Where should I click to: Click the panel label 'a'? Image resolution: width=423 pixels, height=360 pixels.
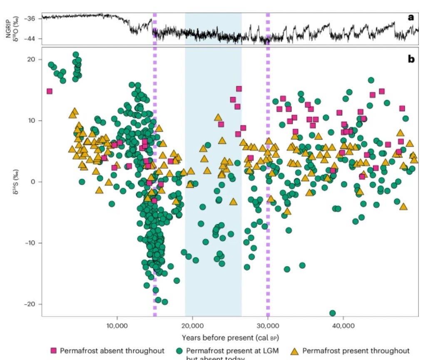click(x=411, y=17)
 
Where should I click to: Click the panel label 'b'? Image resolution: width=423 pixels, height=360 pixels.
click(x=411, y=59)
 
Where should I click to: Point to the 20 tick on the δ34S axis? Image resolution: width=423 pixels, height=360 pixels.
click(x=32, y=60)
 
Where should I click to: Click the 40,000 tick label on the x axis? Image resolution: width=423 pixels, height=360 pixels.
click(x=343, y=325)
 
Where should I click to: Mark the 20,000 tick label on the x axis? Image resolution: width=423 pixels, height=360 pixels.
click(x=192, y=325)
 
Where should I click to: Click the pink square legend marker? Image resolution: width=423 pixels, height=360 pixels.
click(x=53, y=350)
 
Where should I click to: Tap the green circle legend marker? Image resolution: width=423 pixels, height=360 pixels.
click(x=179, y=350)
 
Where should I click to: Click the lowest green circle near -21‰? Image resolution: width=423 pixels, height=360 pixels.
click(x=332, y=313)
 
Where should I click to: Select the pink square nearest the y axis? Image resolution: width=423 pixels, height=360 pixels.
click(x=50, y=91)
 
